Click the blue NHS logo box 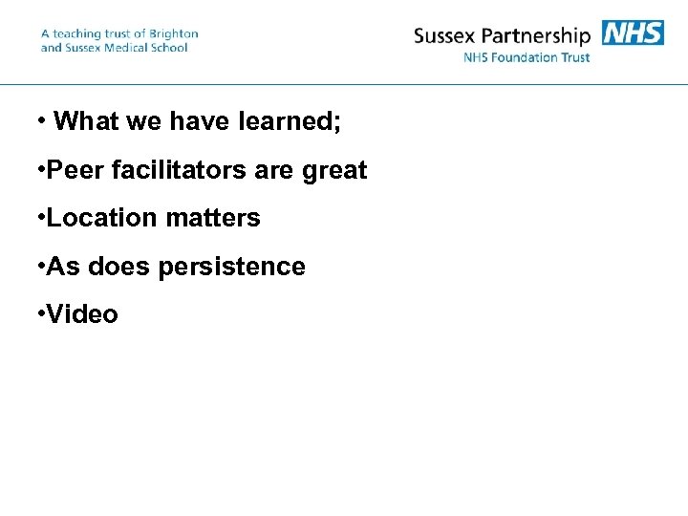633,32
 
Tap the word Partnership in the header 540,37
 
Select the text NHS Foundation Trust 527,57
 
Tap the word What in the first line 85,121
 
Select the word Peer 75,170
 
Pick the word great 334,171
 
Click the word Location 102,218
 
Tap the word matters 213,218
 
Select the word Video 82,314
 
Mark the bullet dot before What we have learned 41,121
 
